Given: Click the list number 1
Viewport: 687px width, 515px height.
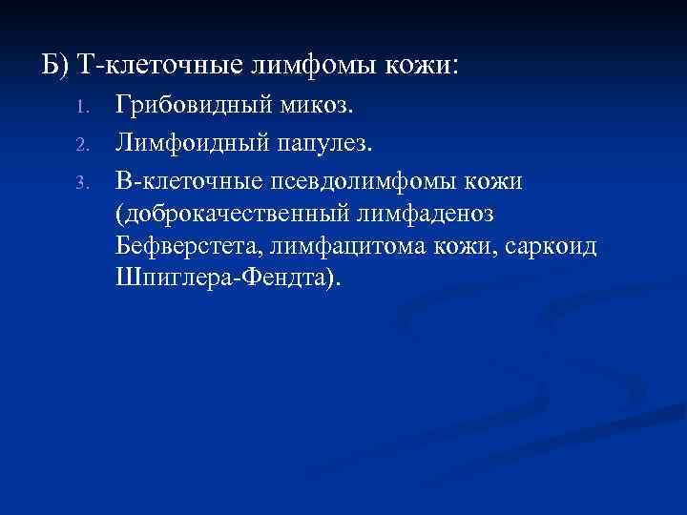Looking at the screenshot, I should (83, 105).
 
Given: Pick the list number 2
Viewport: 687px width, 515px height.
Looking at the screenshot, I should (83, 146).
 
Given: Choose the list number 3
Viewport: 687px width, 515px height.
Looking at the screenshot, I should (83, 181).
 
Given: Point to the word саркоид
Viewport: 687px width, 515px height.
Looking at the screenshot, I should (551, 248).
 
